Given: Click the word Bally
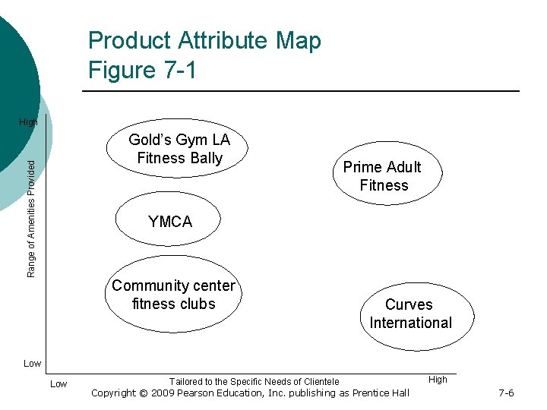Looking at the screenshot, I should (x=207, y=158).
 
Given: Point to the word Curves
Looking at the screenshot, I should (x=409, y=304).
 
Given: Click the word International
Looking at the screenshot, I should (x=410, y=323).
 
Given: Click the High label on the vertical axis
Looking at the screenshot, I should (x=28, y=122).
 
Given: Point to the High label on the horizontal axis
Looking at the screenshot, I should (x=438, y=379).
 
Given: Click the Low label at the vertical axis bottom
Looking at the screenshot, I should (x=32, y=364).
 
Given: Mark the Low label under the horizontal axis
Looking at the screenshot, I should (x=58, y=384).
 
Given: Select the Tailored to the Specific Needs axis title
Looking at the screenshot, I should (x=254, y=381).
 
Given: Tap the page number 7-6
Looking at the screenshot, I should (x=506, y=393).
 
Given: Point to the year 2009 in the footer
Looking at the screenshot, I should (x=164, y=393).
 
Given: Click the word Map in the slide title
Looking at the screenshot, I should (x=299, y=40).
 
